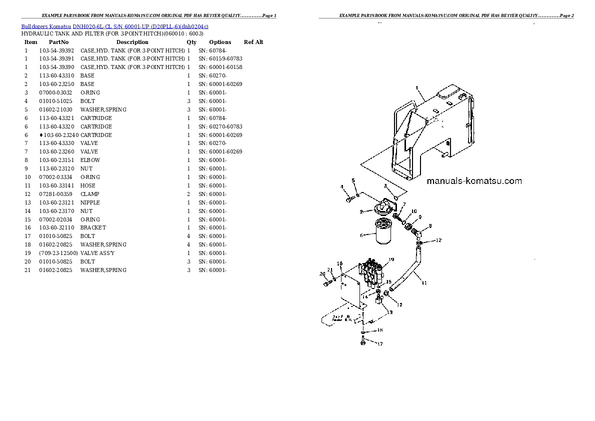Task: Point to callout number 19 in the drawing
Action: click(x=391, y=259)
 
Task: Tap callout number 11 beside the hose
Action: click(x=424, y=283)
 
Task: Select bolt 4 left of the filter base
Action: click(x=349, y=199)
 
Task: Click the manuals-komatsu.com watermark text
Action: click(x=474, y=181)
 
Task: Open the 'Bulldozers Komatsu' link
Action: click(x=46, y=25)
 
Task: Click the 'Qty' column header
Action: click(x=191, y=42)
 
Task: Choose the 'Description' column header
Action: click(x=132, y=42)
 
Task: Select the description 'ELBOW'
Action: click(x=90, y=160)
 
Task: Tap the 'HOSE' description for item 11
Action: click(x=87, y=185)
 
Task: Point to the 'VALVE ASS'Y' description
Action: click(x=97, y=253)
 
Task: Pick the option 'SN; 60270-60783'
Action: click(x=220, y=126)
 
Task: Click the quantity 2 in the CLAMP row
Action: click(x=188, y=194)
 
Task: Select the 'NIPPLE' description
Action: click(x=90, y=202)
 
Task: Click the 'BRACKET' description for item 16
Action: click(x=93, y=227)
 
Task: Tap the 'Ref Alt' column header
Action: click(x=253, y=42)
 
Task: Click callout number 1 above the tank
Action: click(x=416, y=87)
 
